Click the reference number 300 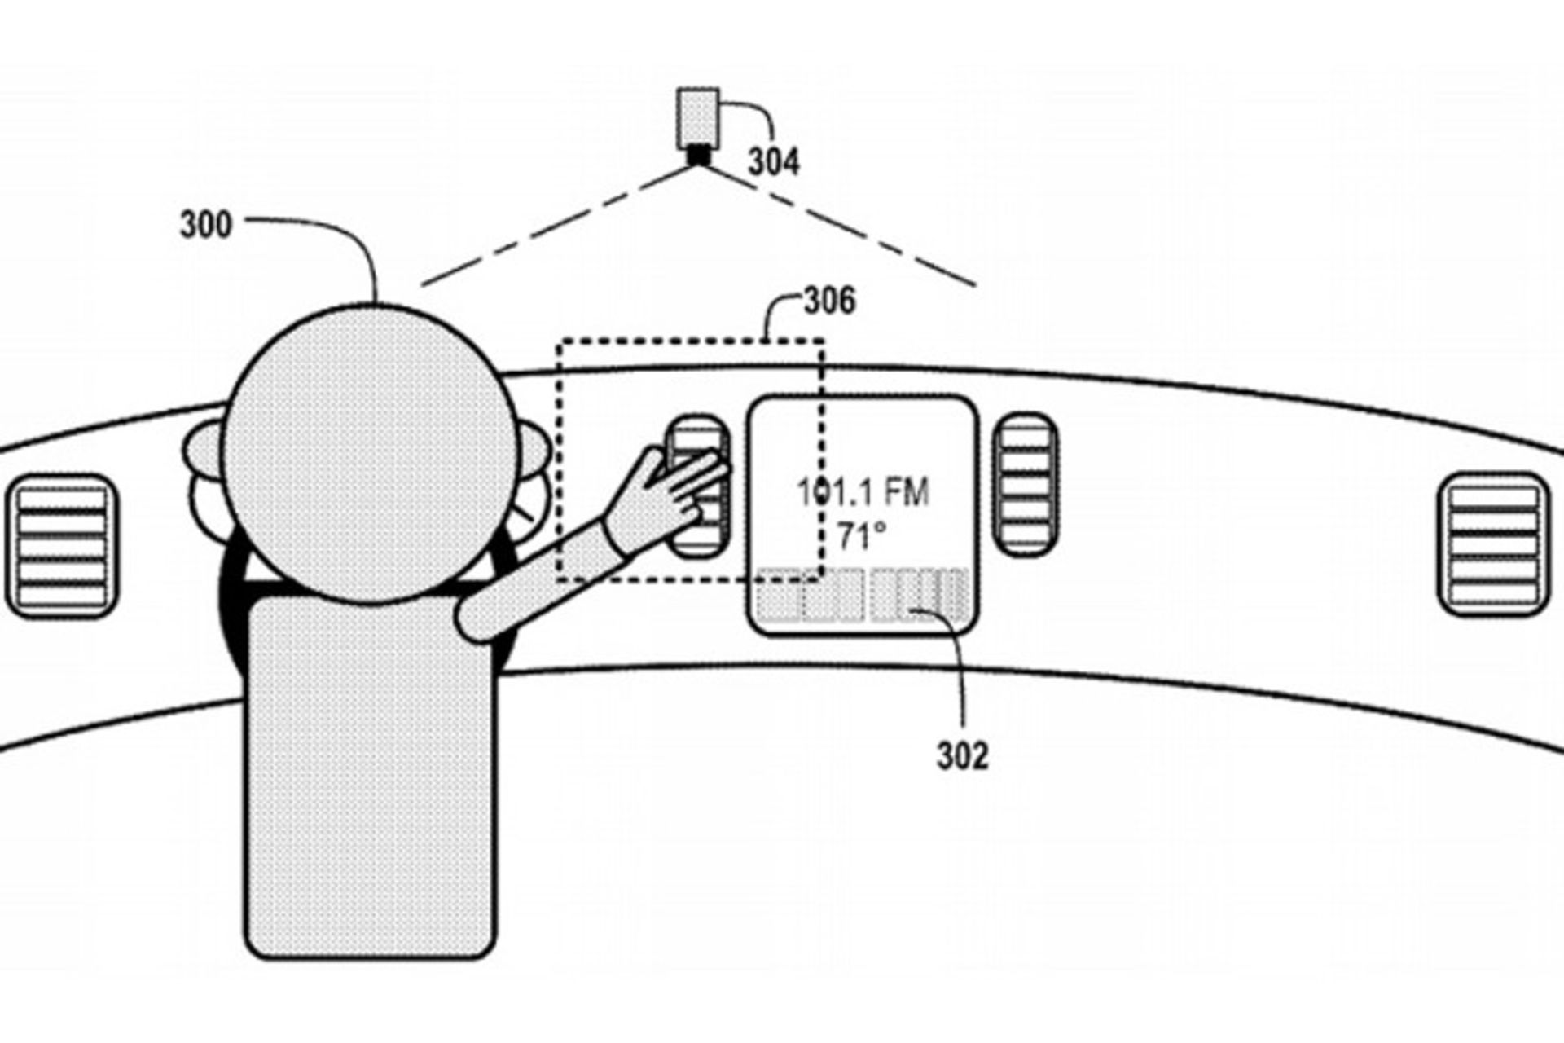[x=205, y=224]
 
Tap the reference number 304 [x=773, y=162]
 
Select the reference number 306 [x=829, y=301]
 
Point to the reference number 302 [x=962, y=756]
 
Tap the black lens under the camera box [x=698, y=154]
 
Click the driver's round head [x=371, y=452]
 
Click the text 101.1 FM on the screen [x=863, y=492]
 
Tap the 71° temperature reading [x=862, y=536]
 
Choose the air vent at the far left [x=62, y=544]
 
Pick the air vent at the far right [x=1493, y=544]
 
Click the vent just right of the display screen [x=1026, y=484]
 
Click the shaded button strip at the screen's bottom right [x=920, y=595]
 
